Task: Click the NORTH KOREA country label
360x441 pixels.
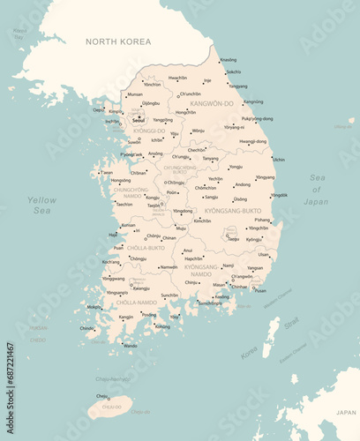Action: (118, 41)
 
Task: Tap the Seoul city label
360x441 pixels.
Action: (138, 120)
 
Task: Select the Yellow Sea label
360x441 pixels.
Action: (41, 206)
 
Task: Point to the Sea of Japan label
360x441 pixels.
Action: (317, 190)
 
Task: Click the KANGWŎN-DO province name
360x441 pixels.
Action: (212, 103)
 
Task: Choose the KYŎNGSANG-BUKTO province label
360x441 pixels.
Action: (232, 211)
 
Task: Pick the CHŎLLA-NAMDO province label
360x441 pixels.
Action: (137, 303)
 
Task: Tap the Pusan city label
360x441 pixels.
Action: (260, 290)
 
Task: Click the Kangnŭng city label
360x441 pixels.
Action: (253, 101)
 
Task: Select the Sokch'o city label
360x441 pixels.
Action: (233, 72)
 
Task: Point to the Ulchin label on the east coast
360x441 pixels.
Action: (279, 160)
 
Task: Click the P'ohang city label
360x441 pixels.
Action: (263, 220)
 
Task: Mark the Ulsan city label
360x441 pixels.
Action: (264, 255)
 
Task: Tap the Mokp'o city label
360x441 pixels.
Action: (94, 307)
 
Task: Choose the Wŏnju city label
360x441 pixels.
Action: (198, 131)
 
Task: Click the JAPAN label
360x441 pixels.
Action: (346, 412)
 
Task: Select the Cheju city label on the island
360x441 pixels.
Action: (101, 396)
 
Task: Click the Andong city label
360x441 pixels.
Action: (243, 184)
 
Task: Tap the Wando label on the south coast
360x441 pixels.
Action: (130, 346)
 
